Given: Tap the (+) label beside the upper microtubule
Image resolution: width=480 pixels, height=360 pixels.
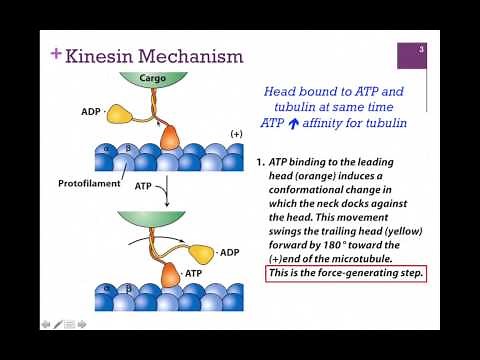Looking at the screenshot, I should pyautogui.click(x=236, y=133).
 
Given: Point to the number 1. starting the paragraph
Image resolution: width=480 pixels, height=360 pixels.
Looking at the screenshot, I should pyautogui.click(x=261, y=161).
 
